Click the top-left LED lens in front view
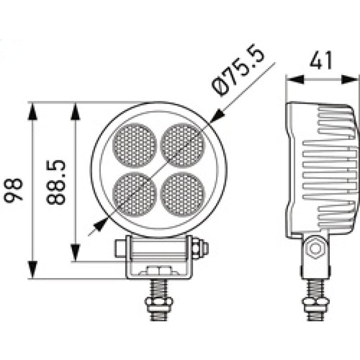coord(135,145)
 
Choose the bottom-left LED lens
coord(135,193)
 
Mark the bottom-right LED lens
coord(183,193)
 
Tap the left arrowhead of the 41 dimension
coord(295,80)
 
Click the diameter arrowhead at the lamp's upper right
coord(214,117)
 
